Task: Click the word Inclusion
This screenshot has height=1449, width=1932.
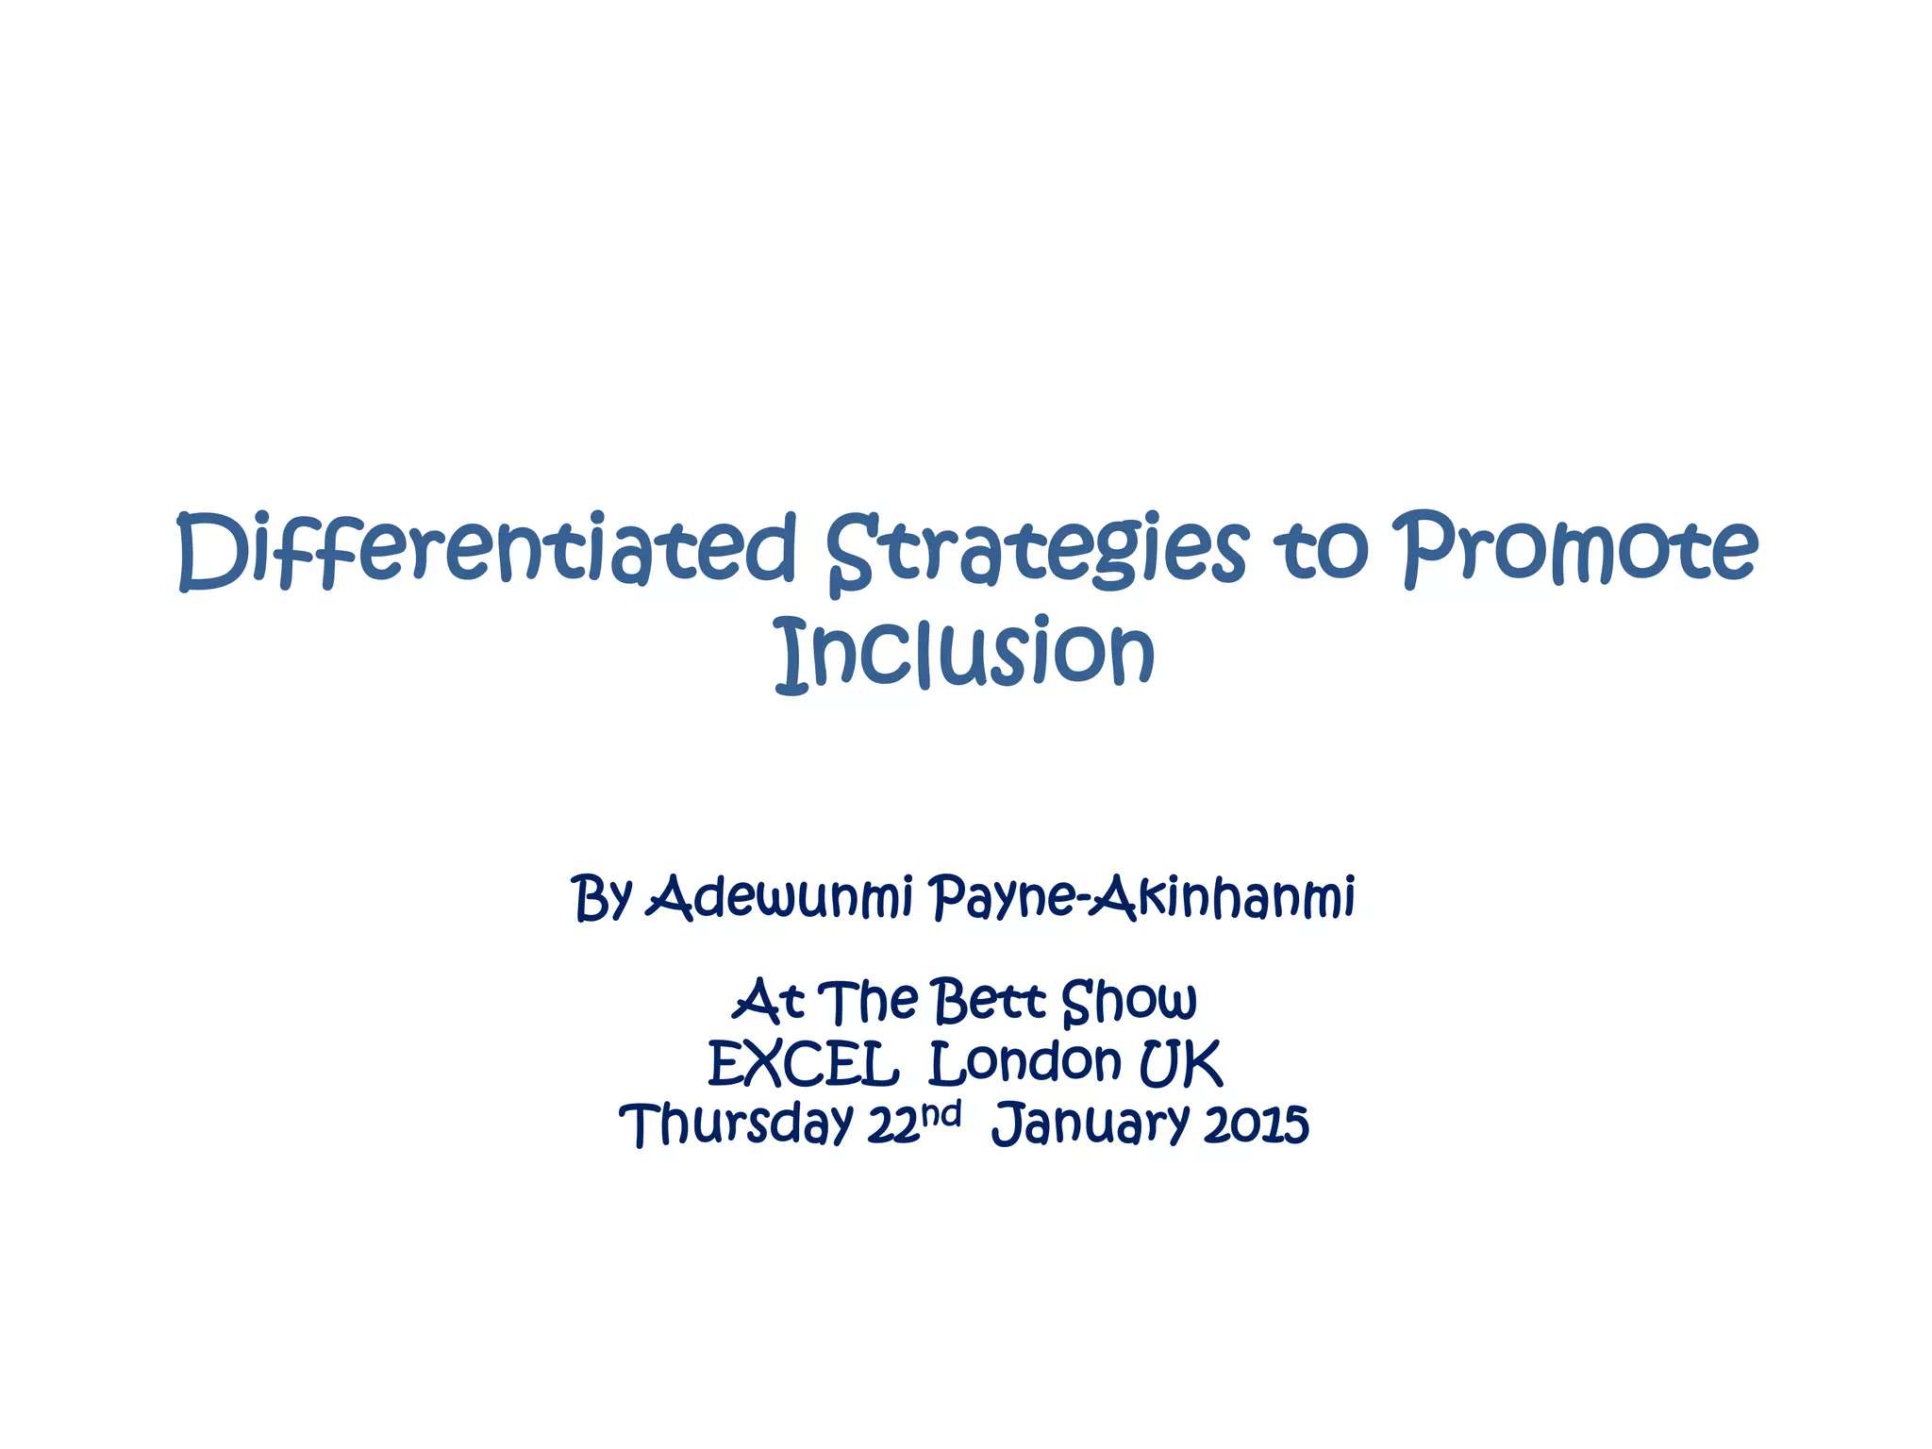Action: [965, 653]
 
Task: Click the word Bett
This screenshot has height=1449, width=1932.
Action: [989, 1001]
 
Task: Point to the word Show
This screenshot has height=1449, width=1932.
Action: [1129, 1001]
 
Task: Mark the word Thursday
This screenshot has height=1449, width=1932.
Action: [736, 1124]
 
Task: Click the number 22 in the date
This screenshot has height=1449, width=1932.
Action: [892, 1125]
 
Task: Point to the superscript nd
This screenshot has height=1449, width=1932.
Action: [941, 1114]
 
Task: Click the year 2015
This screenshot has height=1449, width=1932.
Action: [1257, 1124]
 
